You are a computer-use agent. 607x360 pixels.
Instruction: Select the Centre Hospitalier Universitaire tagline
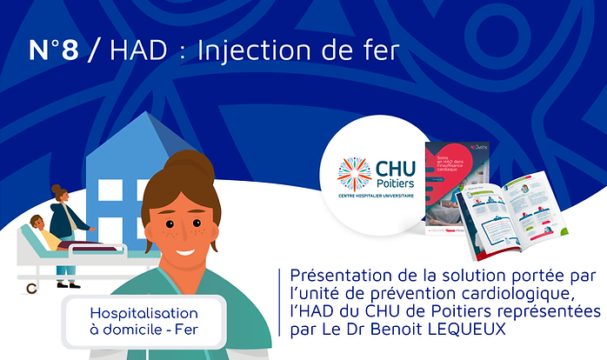(377, 200)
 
